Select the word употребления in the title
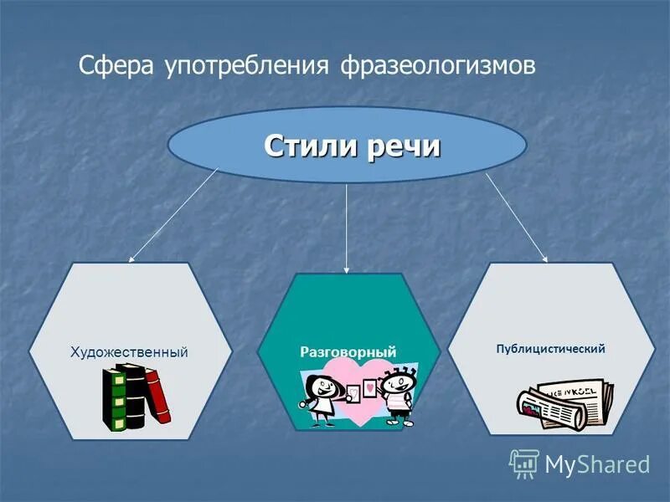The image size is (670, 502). pos(244,65)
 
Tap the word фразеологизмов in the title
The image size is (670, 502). pos(438,65)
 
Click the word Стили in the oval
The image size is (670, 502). pos(310,146)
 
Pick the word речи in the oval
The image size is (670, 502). pos(403,146)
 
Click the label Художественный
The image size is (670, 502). pos(129,352)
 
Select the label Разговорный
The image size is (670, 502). pos(348,352)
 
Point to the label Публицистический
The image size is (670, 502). pos(550,348)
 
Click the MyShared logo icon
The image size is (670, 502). pos(524,463)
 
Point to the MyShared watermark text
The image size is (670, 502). pos(597,464)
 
